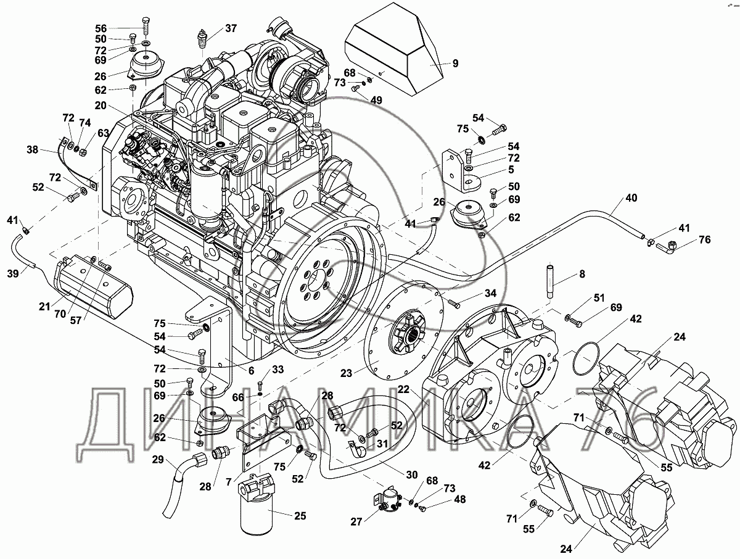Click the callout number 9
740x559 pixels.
click(456, 63)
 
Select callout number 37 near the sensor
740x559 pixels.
click(231, 28)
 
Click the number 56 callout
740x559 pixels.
click(101, 28)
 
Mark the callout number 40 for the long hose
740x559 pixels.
click(631, 198)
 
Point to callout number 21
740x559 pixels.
click(44, 307)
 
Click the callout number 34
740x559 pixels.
click(490, 293)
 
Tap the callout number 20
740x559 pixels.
click(101, 106)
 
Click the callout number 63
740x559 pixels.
click(104, 133)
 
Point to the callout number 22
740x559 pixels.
click(403, 389)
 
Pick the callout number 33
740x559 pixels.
click(278, 370)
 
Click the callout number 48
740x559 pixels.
click(459, 499)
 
